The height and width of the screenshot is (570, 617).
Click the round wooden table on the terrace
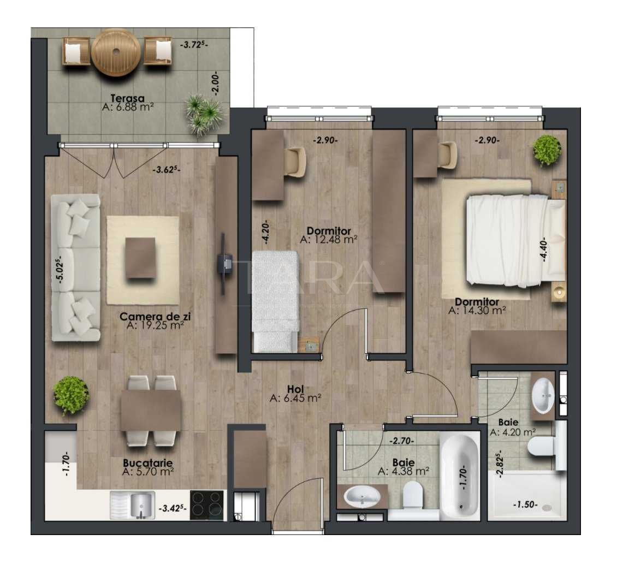(116, 52)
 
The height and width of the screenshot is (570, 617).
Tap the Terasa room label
(127, 99)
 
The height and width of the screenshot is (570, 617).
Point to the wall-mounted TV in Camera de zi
(223, 261)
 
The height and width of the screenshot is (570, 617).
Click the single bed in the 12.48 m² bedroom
(276, 300)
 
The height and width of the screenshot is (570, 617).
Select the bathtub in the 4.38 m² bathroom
(460, 476)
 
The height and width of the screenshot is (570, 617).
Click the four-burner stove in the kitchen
(207, 504)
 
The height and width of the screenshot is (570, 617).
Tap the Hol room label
(295, 389)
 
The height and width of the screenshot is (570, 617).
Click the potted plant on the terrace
(203, 113)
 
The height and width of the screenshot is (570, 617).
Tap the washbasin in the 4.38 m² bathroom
(363, 497)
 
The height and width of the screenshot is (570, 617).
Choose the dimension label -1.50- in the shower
(526, 505)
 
